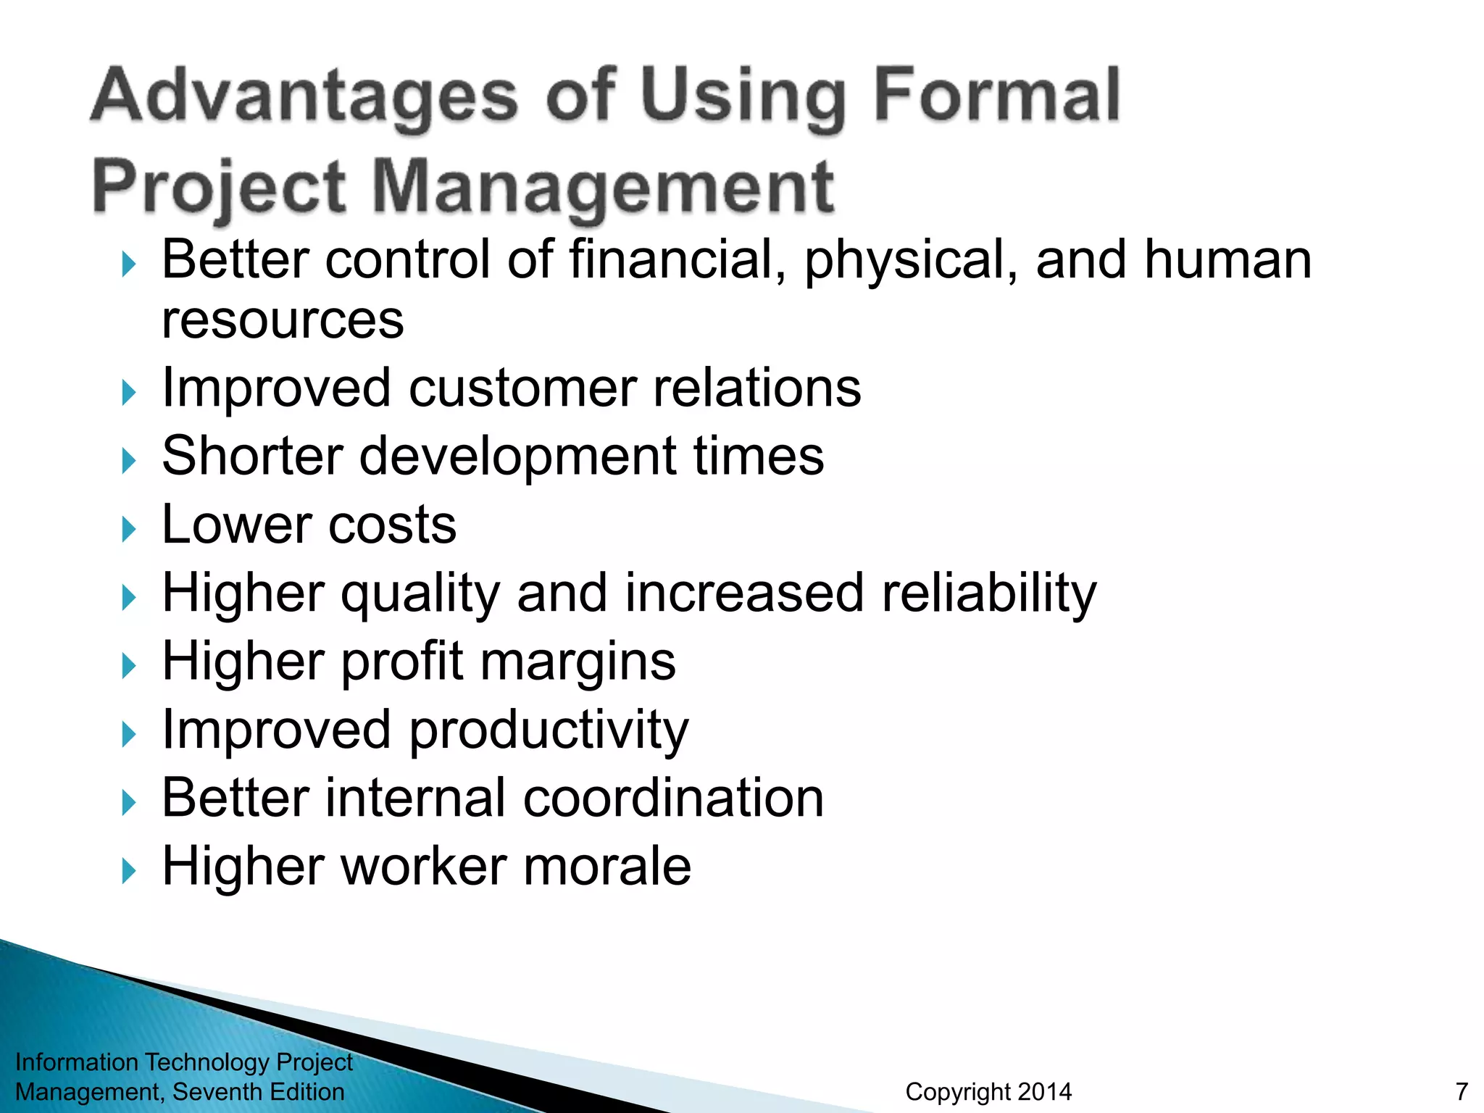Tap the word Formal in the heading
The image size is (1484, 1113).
click(x=998, y=96)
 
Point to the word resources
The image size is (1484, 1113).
click(x=283, y=320)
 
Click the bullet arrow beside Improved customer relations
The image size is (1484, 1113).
click(x=129, y=393)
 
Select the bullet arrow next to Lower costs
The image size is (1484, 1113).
click(x=129, y=529)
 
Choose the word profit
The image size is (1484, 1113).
click(x=402, y=662)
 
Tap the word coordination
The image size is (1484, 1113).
click(x=673, y=799)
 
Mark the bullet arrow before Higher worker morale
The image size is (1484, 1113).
click(x=129, y=871)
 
